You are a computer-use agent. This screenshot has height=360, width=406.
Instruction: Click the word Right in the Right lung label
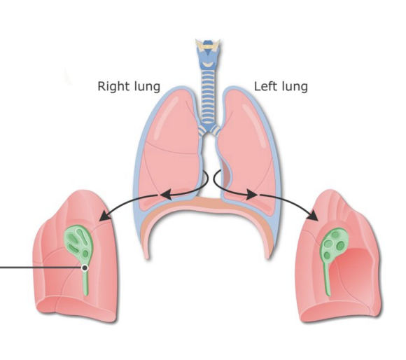pyautogui.click(x=114, y=86)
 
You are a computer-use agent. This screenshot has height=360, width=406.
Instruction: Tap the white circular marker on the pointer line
pyautogui.click(x=85, y=268)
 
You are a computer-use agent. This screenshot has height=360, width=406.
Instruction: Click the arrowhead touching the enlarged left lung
pyautogui.click(x=313, y=215)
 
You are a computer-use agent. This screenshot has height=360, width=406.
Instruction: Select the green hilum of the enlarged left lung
pyautogui.click(x=335, y=244)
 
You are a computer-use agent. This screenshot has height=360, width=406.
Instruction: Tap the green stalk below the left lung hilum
pyautogui.click(x=328, y=279)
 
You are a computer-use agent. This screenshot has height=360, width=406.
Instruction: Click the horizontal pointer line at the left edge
pyautogui.click(x=41, y=268)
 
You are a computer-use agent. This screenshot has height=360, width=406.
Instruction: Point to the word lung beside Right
pyautogui.click(x=147, y=87)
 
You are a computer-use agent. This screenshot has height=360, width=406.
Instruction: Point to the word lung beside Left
pyautogui.click(x=295, y=87)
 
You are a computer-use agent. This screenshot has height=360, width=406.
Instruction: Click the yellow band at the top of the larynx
pyautogui.click(x=208, y=47)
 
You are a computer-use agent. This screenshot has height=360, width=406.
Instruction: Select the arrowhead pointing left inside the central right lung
pyautogui.click(x=166, y=194)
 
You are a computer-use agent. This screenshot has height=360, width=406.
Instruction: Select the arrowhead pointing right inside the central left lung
pyautogui.click(x=251, y=194)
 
